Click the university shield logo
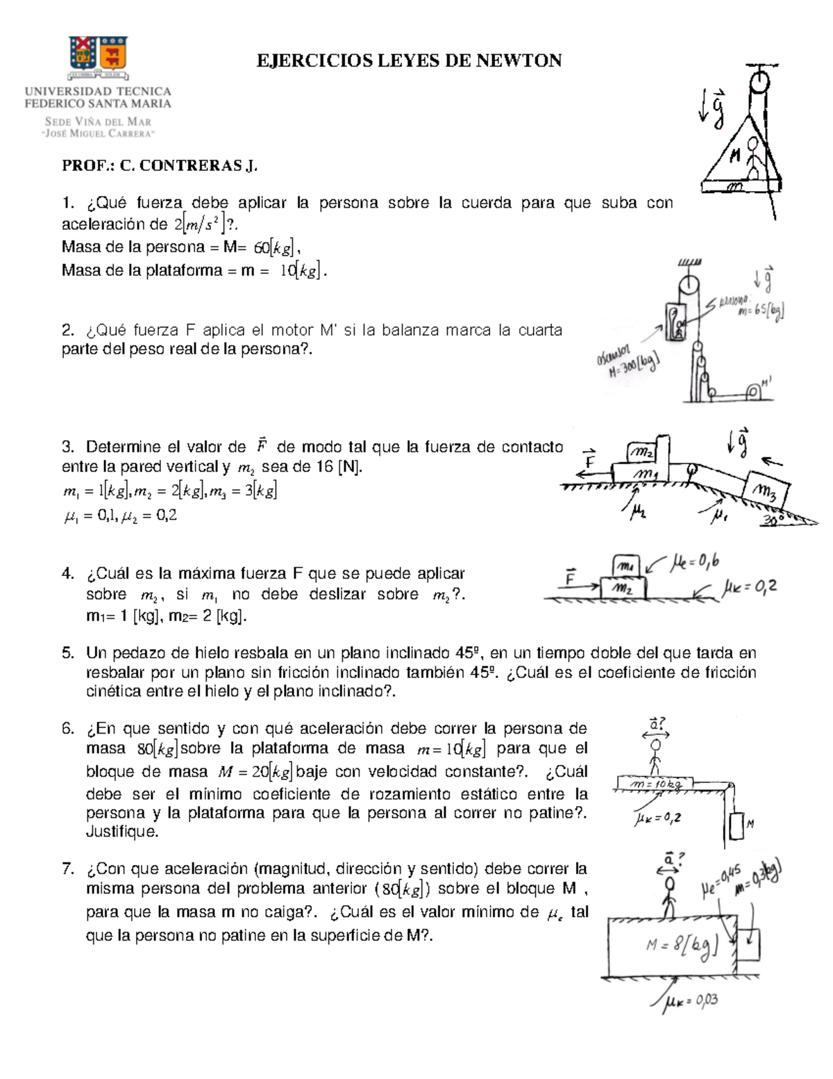pos(98,55)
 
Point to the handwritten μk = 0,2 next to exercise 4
pos(750,588)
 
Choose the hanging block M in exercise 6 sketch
pos(737,825)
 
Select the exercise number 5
pos(67,653)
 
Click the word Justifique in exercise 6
pos(122,832)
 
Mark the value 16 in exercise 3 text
pos(325,467)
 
